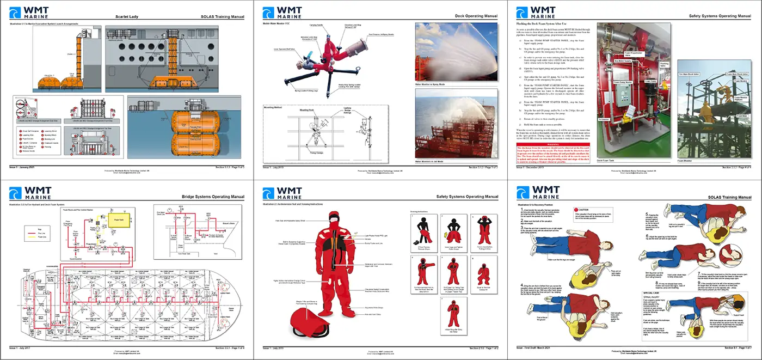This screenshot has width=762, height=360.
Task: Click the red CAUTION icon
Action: pyautogui.click(x=577, y=209)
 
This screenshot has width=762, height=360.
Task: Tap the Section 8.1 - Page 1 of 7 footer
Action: pyautogui.click(x=738, y=347)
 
